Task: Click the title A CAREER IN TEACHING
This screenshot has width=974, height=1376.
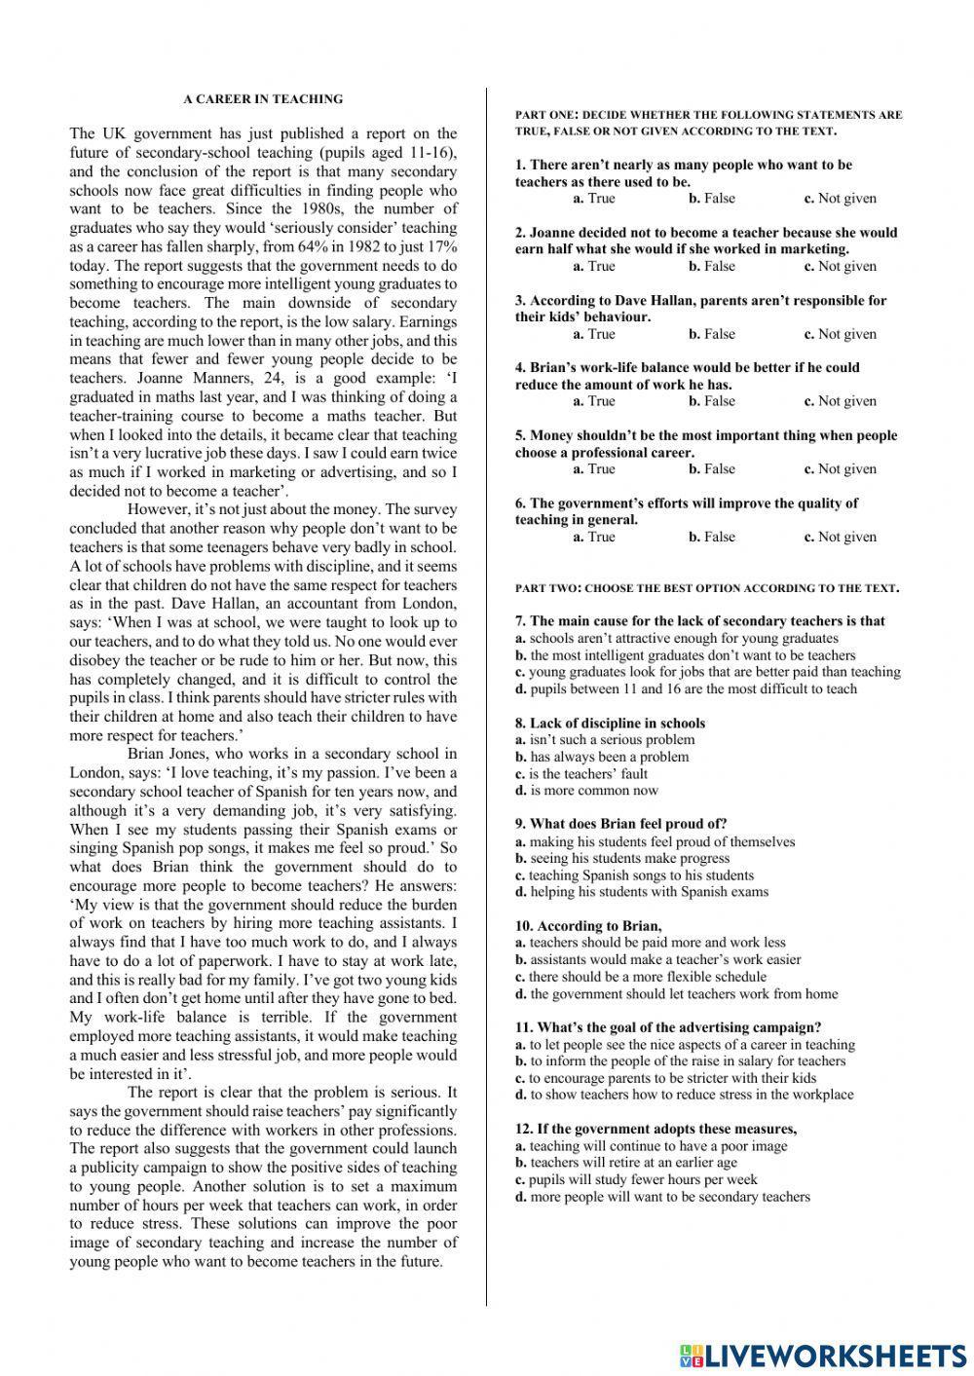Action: pyautogui.click(x=263, y=98)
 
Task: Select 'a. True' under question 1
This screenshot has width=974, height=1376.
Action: pyautogui.click(x=593, y=199)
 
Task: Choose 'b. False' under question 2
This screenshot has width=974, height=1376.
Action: pyautogui.click(x=712, y=266)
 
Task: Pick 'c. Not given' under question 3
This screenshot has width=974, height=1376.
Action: pyautogui.click(x=840, y=334)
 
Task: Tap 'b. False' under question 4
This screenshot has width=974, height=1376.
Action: pyautogui.click(x=712, y=401)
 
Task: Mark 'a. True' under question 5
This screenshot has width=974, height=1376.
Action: pyautogui.click(x=593, y=469)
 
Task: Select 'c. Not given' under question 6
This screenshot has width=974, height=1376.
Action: pyautogui.click(x=840, y=537)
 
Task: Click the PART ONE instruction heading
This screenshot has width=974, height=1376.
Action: pyautogui.click(x=708, y=123)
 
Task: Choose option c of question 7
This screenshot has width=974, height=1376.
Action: pyautogui.click(x=708, y=672)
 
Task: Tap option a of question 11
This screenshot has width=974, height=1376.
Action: pyautogui.click(x=685, y=1045)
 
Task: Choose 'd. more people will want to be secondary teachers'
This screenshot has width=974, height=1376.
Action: pyautogui.click(x=662, y=1197)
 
